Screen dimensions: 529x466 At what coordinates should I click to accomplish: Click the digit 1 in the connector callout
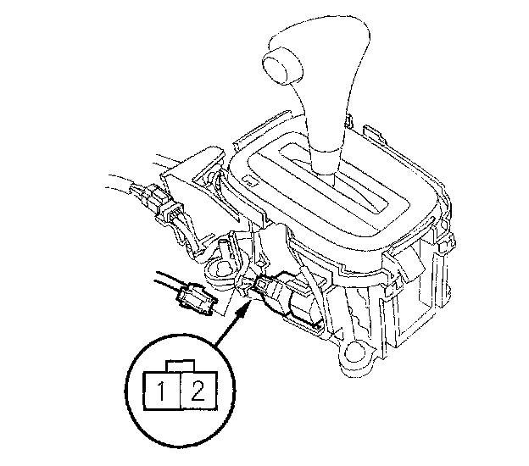tap(162, 391)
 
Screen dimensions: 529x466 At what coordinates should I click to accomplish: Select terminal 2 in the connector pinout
tap(199, 391)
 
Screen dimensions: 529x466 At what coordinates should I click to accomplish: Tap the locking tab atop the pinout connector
tap(181, 366)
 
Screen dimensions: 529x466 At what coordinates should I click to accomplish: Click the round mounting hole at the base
tap(354, 353)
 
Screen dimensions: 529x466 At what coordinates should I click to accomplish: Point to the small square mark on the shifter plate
tap(248, 180)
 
